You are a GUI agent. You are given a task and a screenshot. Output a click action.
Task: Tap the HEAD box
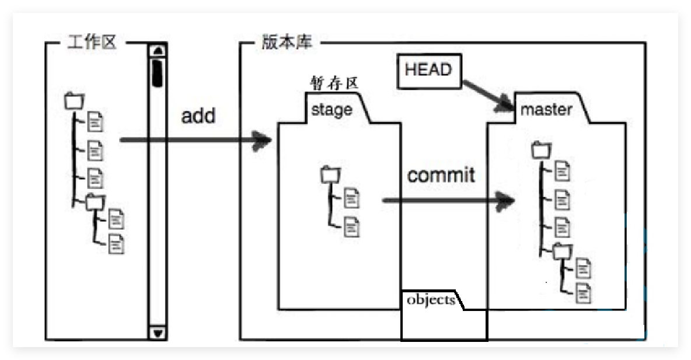(428, 70)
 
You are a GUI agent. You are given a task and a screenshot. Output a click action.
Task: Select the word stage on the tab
(332, 109)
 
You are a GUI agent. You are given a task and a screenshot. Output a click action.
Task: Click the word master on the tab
(546, 109)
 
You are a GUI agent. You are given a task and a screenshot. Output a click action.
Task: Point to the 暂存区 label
(333, 84)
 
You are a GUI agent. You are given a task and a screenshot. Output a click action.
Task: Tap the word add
(198, 116)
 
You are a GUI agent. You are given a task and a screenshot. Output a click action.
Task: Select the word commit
(441, 175)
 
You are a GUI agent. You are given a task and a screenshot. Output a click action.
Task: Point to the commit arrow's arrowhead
(507, 201)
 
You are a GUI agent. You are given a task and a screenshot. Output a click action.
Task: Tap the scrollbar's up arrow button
(156, 50)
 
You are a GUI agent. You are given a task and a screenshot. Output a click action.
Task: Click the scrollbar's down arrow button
(156, 333)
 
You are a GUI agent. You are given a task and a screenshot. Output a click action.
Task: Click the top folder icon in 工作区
(74, 101)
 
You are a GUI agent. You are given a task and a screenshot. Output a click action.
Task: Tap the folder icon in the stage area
(330, 174)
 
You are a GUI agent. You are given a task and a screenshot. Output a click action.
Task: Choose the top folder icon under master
(541, 151)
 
